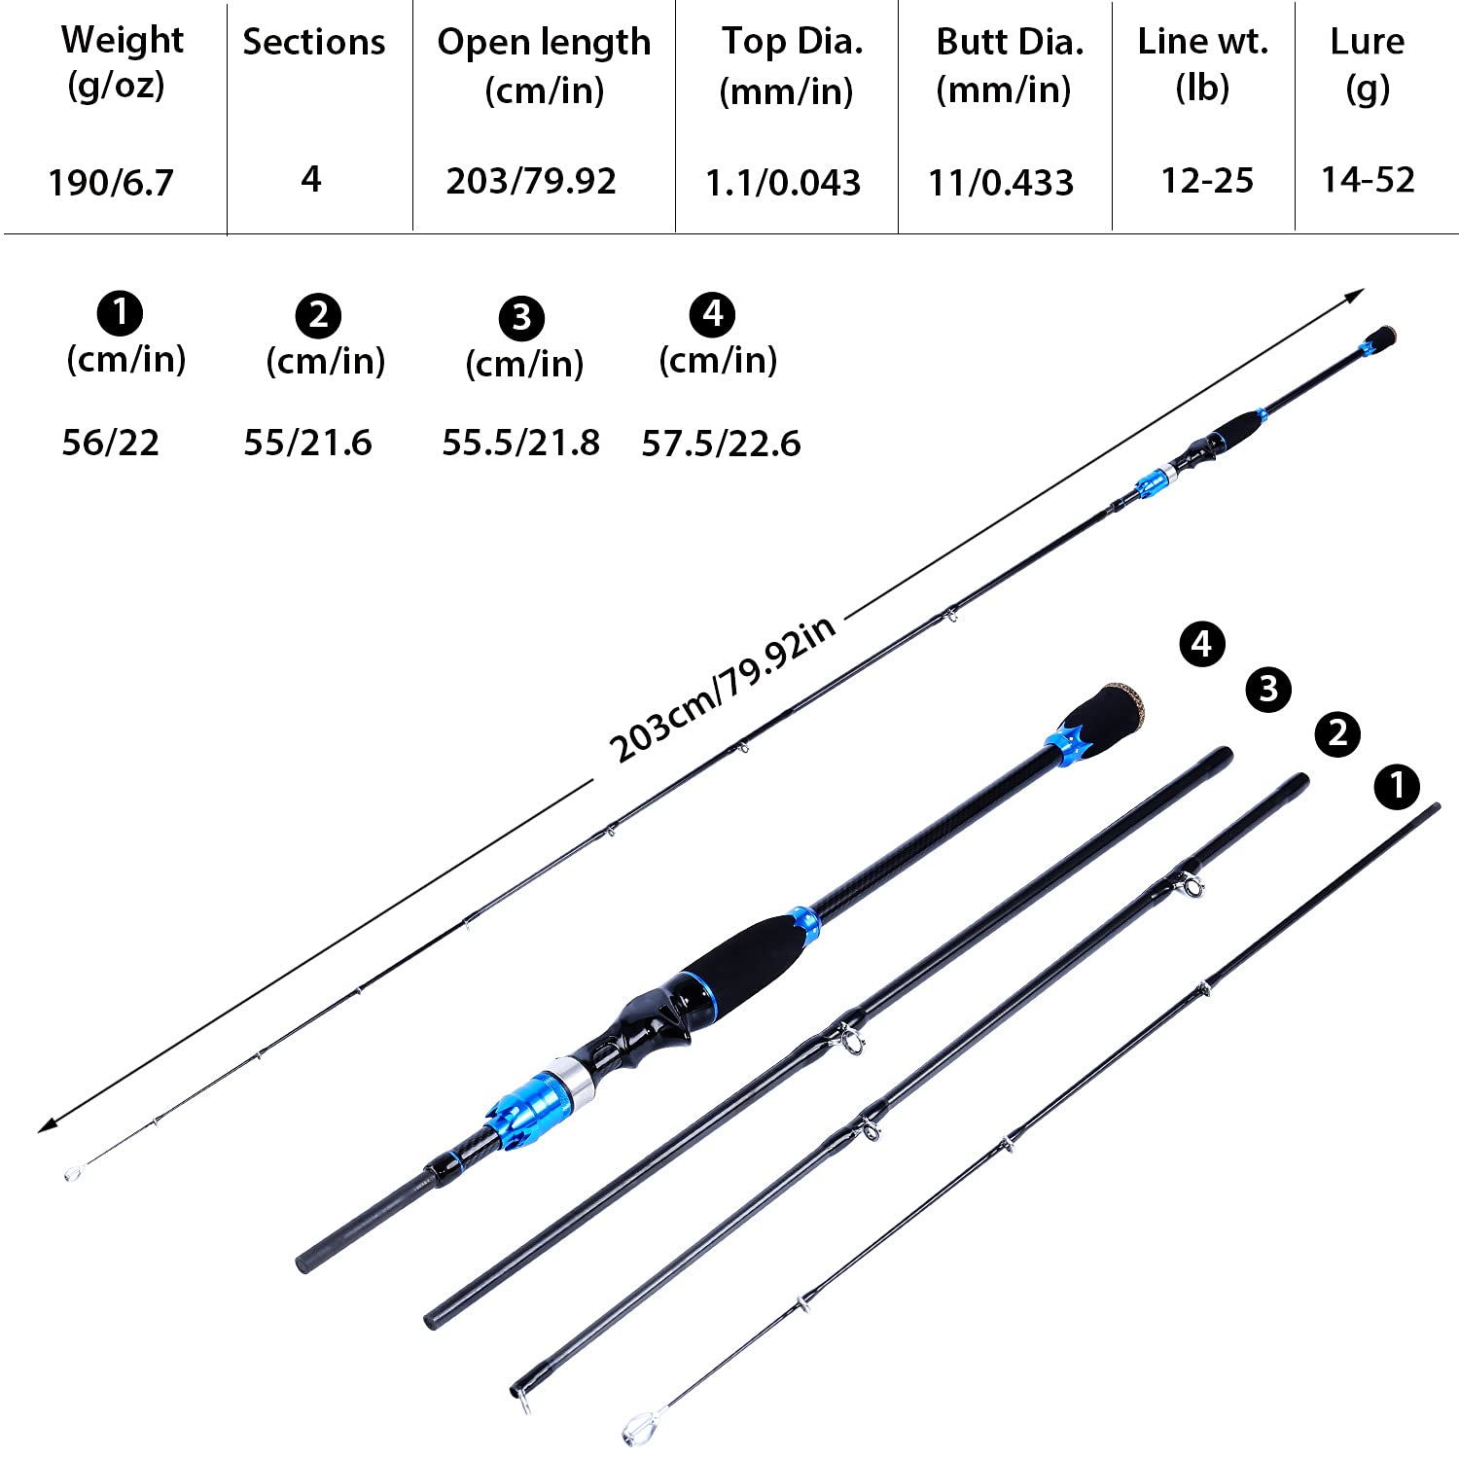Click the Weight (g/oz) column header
(121, 62)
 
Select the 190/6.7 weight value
(111, 182)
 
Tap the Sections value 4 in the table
(311, 179)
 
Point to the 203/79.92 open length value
(531, 181)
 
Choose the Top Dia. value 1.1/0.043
(783, 182)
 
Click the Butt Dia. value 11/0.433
(1001, 182)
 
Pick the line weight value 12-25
(1207, 180)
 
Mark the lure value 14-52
(1368, 179)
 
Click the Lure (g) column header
(1367, 64)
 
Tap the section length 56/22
(110, 443)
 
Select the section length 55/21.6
(307, 443)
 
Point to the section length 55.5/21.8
(520, 443)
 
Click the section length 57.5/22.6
(721, 444)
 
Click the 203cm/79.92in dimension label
(722, 689)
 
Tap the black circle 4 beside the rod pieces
(1202, 644)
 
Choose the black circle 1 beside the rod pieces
(1397, 786)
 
